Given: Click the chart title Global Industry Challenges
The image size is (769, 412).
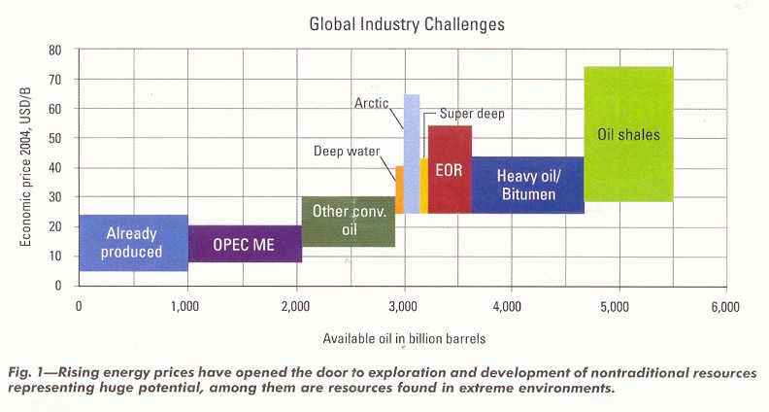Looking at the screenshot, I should click(407, 24).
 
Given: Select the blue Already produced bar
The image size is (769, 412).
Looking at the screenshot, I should click(132, 243).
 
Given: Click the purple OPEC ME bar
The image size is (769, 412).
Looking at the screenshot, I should click(245, 244).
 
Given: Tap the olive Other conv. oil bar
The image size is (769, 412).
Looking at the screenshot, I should click(348, 222).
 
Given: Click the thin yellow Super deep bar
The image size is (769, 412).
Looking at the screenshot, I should click(424, 186).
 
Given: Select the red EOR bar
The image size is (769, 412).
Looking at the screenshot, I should click(450, 169).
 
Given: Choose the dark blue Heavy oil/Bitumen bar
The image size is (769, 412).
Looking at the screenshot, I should click(527, 185).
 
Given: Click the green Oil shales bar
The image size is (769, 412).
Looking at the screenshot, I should click(628, 134).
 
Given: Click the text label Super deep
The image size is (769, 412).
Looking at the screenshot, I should click(472, 114).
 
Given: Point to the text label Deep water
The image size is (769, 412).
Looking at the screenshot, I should click(347, 151).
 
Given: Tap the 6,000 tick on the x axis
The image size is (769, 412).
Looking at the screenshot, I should click(723, 306).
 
